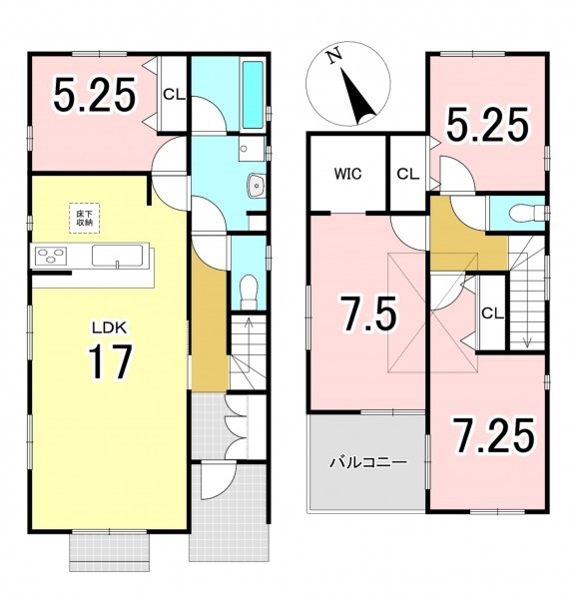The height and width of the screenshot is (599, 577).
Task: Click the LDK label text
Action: (x=109, y=327)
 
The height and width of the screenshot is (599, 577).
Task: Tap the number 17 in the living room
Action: (x=110, y=361)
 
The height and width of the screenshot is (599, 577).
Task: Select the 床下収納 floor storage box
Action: (x=84, y=218)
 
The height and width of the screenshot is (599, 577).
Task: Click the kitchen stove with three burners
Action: (x=51, y=255)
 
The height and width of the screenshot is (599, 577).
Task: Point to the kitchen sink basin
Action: (x=117, y=255)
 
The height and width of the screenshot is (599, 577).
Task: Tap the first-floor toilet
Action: (x=250, y=292)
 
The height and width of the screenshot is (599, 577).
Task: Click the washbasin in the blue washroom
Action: (x=257, y=186)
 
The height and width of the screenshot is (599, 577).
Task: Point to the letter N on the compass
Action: (x=334, y=56)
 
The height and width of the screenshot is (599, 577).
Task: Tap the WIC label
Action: (x=347, y=174)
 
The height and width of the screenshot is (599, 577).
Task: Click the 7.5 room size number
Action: (x=369, y=313)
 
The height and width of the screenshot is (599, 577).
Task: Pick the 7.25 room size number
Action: (x=493, y=435)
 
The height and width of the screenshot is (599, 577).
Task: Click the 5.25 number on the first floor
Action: (x=94, y=95)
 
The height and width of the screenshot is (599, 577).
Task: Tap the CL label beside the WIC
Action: (x=408, y=174)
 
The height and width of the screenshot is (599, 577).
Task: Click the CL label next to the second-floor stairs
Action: (x=492, y=313)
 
